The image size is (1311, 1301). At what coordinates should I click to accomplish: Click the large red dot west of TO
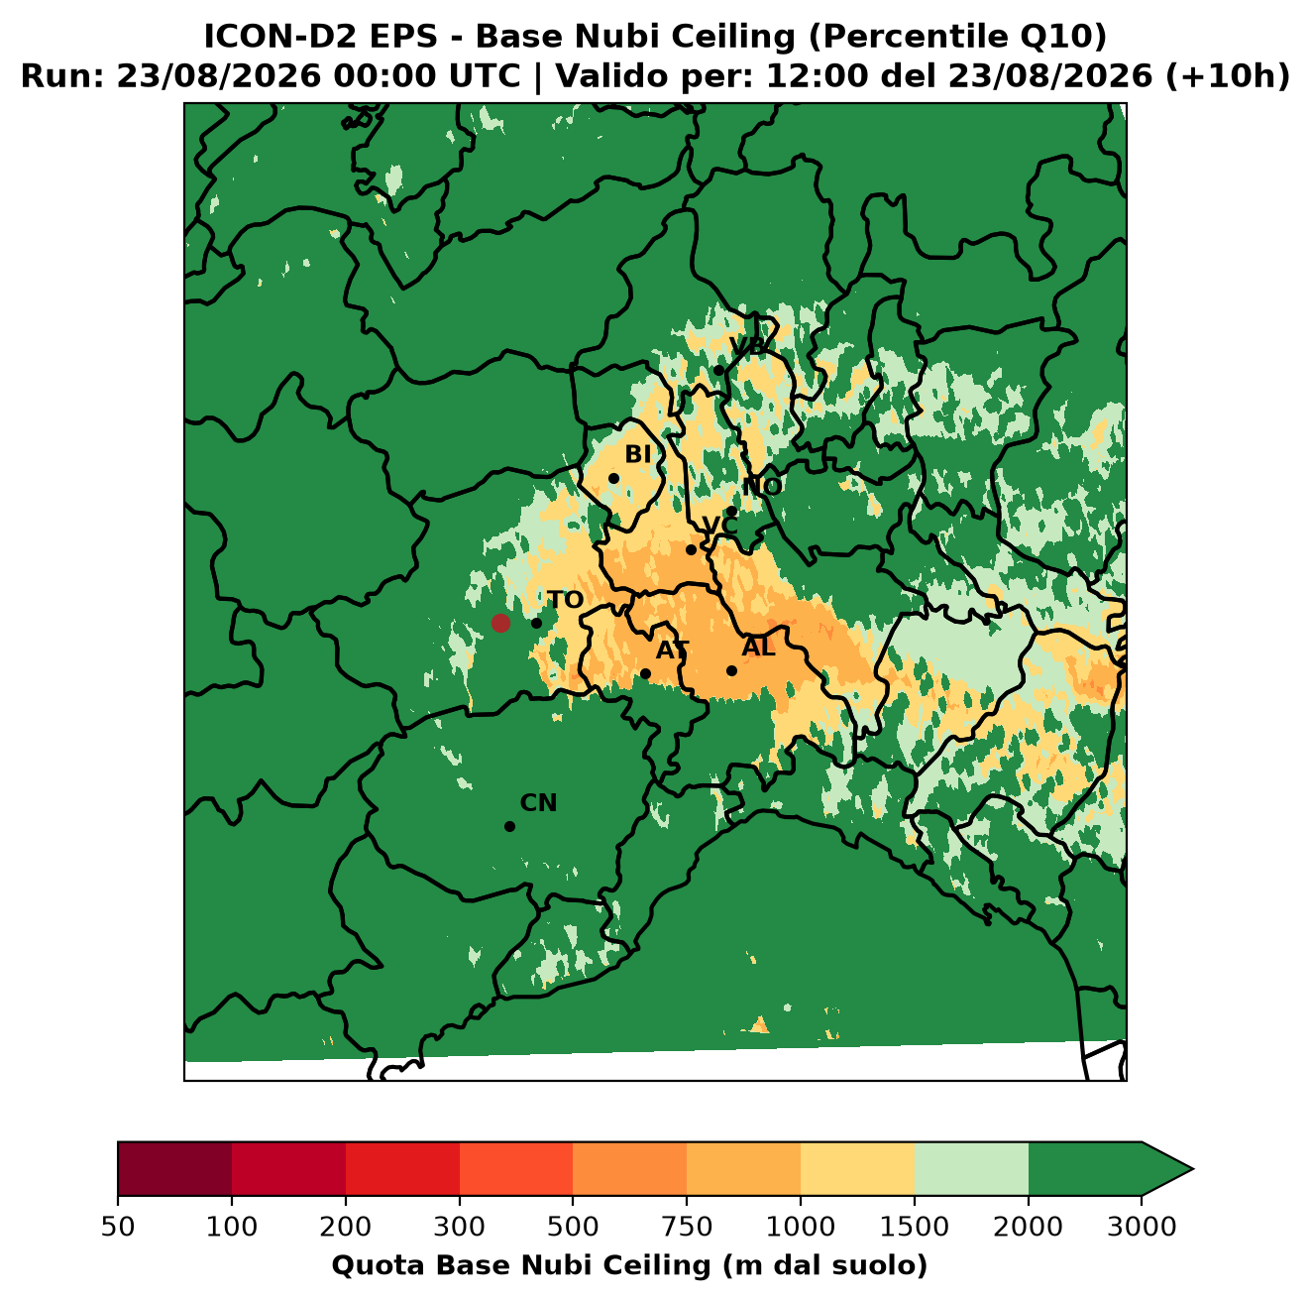click(x=500, y=623)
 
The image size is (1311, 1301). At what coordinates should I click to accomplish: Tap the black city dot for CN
click(x=509, y=826)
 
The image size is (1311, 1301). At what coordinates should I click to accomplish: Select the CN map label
click(x=538, y=803)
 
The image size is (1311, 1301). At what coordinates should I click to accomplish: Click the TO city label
click(x=566, y=601)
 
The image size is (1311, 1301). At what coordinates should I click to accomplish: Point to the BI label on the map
click(x=637, y=454)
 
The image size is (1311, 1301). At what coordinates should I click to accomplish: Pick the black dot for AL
click(x=731, y=670)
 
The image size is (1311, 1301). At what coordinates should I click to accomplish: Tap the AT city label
click(x=672, y=650)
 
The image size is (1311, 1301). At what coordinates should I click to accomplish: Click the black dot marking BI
click(x=613, y=479)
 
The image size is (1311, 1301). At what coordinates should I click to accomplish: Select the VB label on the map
click(x=747, y=346)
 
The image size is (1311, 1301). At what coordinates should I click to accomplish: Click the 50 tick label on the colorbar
click(x=118, y=1227)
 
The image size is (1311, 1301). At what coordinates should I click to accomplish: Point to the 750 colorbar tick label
click(x=686, y=1227)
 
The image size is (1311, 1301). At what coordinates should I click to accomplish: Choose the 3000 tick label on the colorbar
click(x=1141, y=1227)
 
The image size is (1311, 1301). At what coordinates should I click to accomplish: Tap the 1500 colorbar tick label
click(x=914, y=1227)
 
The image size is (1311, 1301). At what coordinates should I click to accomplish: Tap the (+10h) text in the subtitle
click(x=1227, y=76)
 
